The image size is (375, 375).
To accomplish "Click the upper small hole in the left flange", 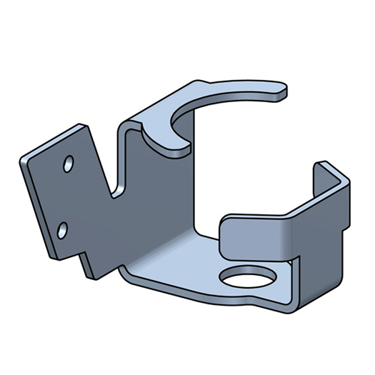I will point(69,164).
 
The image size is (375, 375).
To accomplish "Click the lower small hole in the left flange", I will point(63,229).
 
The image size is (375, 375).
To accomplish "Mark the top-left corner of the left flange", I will point(24,160).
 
